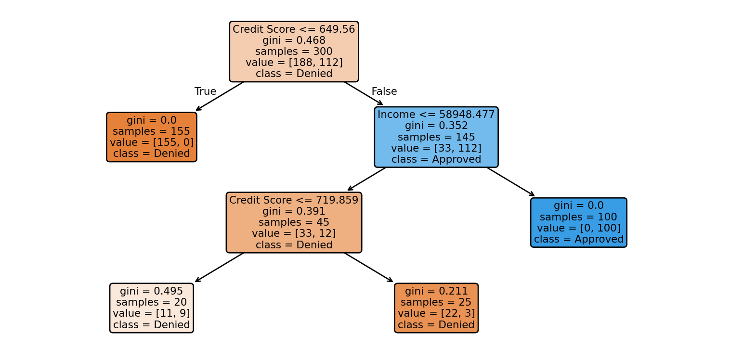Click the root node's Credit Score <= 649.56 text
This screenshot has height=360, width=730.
click(294, 29)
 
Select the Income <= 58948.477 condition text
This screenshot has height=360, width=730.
click(436, 115)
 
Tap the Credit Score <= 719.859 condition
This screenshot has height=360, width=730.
click(294, 200)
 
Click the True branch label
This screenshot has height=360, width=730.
click(205, 91)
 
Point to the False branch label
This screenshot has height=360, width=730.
click(384, 91)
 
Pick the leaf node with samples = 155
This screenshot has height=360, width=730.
click(152, 137)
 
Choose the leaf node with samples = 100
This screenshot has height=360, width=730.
click(579, 222)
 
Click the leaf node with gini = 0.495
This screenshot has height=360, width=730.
click(152, 308)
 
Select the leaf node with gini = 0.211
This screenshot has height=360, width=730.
click(436, 308)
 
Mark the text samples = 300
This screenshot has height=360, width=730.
click(294, 51)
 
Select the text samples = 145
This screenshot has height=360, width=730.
click(436, 137)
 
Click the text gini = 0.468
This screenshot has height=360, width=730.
click(294, 40)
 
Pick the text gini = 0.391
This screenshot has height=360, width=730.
click(294, 211)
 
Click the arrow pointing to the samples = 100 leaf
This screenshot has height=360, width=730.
click(510, 181)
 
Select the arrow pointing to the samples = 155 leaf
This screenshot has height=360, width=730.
click(220, 96)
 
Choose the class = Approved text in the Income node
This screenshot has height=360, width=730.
click(436, 159)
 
